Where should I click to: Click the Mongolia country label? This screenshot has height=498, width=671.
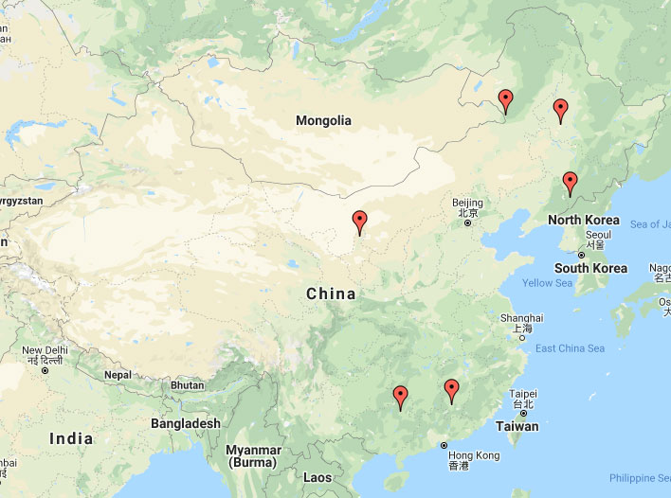point(323,120)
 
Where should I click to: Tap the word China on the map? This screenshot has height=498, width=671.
point(331,294)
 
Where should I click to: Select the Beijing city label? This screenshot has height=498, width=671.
point(467,204)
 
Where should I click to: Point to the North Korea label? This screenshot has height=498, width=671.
point(583,221)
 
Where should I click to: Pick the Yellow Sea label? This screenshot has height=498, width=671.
point(547,283)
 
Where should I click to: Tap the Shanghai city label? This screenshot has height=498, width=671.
point(522,319)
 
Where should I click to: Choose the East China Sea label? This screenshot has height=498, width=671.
point(571,348)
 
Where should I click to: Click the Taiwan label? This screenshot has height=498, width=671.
point(517,426)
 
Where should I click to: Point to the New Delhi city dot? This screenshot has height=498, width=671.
point(45,370)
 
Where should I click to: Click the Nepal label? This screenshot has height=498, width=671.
point(118,375)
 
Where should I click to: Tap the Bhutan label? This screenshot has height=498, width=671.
point(188,385)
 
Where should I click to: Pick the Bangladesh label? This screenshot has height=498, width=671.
point(185,423)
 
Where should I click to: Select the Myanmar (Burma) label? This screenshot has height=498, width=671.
point(255,455)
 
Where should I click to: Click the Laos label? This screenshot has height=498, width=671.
point(317,478)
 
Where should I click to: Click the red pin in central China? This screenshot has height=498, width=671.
point(359,221)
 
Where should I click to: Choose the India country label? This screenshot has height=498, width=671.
point(72,438)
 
